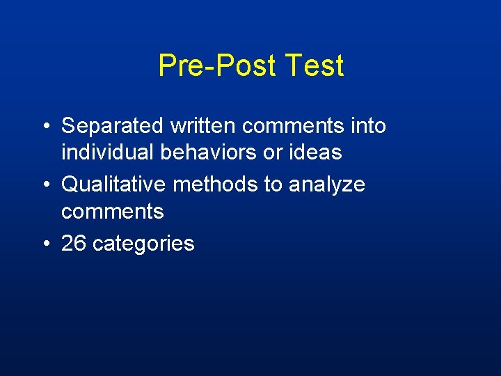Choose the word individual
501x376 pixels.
coord(107,152)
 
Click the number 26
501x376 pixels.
coord(74,243)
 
